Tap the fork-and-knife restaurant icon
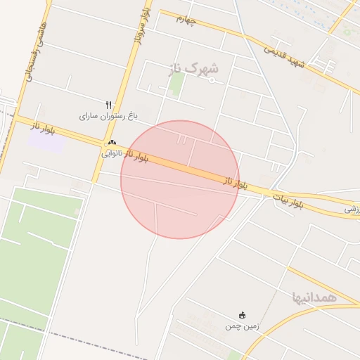(108, 105)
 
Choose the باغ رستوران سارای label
(106, 115)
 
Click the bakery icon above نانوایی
(112, 143)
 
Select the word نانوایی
(112, 153)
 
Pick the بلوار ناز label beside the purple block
(41, 127)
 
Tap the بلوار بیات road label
(288, 200)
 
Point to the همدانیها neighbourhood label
(315, 297)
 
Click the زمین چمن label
(243, 326)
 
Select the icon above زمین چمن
(243, 315)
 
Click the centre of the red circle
(180, 179)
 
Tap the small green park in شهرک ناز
(176, 84)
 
